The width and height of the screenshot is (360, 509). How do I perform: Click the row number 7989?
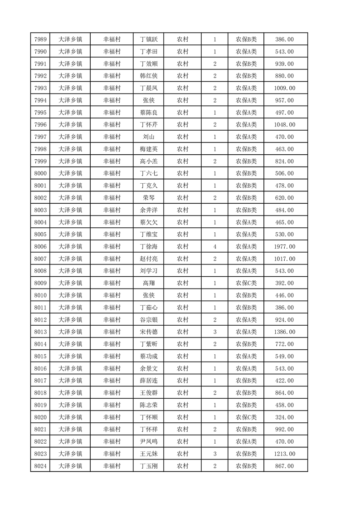pos(40,39)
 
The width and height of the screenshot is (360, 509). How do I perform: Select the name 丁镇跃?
pos(148,39)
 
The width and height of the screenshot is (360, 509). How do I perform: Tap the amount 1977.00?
pos(284,247)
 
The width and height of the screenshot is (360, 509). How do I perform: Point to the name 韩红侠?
pos(148,76)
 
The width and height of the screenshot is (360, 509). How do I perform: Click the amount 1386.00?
pos(284,332)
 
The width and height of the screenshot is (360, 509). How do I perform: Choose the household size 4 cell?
pos(214,247)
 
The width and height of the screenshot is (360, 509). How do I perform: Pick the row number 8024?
pos(40,466)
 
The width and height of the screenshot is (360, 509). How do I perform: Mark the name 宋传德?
pos(148,332)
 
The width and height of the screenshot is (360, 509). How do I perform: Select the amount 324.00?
pos(284,417)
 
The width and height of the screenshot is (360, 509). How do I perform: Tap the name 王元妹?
pos(148,454)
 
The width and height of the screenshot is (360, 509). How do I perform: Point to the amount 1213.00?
pos(284,454)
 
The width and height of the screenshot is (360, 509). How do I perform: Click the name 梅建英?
pos(148,149)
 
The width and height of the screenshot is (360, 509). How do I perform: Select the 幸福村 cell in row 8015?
pos(112,357)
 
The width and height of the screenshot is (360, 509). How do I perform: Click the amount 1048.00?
pos(284,125)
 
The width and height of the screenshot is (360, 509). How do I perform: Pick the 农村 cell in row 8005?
pos(182,235)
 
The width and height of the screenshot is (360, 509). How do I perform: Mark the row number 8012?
pos(40,320)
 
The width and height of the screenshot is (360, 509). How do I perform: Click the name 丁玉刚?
pos(148,466)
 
